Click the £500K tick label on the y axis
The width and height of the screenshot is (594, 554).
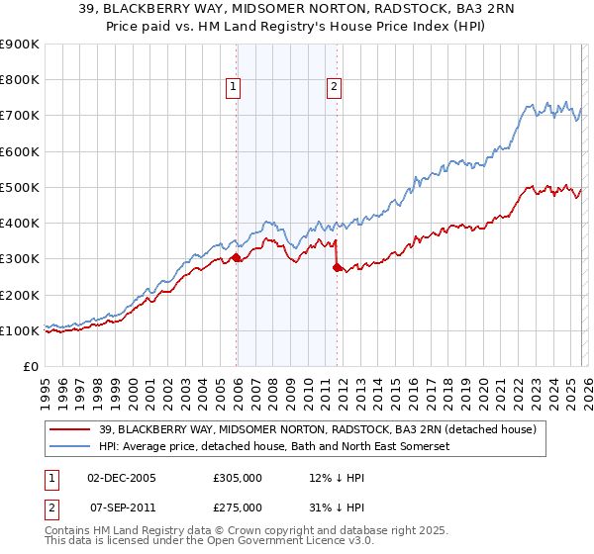pyautogui.click(x=20, y=187)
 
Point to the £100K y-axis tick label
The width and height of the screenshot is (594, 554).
pyautogui.click(x=20, y=330)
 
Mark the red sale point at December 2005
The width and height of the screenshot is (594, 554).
pyautogui.click(x=237, y=257)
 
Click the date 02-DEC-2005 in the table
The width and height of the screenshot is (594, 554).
pyautogui.click(x=122, y=478)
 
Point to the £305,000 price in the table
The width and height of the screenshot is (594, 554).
pyautogui.click(x=237, y=478)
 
